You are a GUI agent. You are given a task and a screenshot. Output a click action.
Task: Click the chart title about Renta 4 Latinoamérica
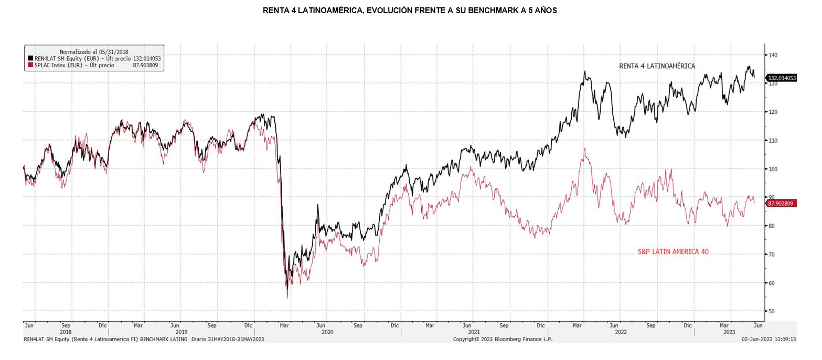pyautogui.click(x=410, y=10)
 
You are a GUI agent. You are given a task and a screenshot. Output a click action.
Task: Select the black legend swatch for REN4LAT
pyautogui.click(x=30, y=59)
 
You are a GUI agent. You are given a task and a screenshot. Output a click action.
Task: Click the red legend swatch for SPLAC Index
pyautogui.click(x=30, y=66)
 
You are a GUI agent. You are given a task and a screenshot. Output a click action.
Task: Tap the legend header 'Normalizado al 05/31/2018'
pyautogui.click(x=94, y=51)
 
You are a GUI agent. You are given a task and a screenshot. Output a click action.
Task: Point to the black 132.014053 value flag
pyautogui.click(x=782, y=78)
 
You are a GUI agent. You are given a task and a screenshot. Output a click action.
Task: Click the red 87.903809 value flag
pyautogui.click(x=782, y=203)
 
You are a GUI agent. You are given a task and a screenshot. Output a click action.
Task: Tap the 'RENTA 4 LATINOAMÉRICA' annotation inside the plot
pyautogui.click(x=657, y=66)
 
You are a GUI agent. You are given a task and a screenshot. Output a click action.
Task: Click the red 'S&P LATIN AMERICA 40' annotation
pyautogui.click(x=673, y=252)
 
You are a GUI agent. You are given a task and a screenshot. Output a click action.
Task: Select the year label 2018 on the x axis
pyautogui.click(x=66, y=332)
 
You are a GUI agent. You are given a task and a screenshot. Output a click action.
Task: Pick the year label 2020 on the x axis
pyautogui.click(x=327, y=332)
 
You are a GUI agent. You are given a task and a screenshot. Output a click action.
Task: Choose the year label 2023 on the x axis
pyautogui.click(x=729, y=332)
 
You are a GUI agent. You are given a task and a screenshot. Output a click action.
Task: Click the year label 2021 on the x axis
pyautogui.click(x=474, y=332)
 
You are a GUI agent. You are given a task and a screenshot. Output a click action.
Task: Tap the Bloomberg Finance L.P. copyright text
pyautogui.click(x=503, y=339)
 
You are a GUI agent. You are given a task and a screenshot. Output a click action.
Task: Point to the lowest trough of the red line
pyautogui.click(x=287, y=298)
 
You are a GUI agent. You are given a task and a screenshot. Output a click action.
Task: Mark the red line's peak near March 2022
pyautogui.click(x=584, y=149)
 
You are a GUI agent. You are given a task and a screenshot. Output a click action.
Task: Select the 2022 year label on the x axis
pyautogui.click(x=621, y=332)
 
